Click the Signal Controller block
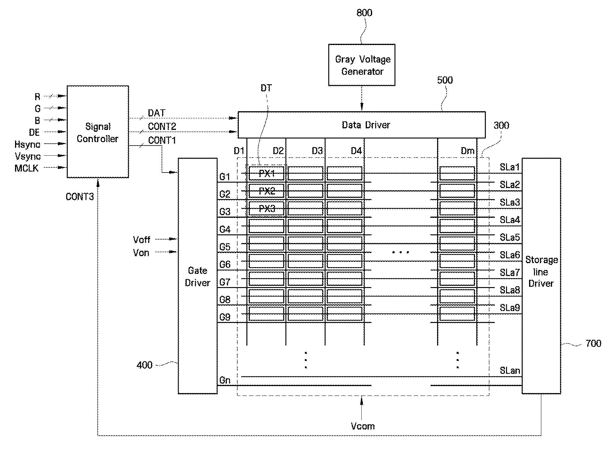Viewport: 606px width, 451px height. [x=98, y=132]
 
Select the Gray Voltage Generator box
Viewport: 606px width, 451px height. [x=362, y=65]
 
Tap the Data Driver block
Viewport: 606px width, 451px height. [x=362, y=125]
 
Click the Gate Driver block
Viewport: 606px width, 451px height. [x=198, y=276]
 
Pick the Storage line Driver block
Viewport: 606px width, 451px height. [x=541, y=276]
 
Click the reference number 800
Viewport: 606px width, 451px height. [x=364, y=13]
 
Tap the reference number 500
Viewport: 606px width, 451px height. [x=445, y=80]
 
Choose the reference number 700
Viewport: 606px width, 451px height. [x=593, y=343]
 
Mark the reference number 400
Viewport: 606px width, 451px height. [x=144, y=365]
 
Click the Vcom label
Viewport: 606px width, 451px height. [x=363, y=426]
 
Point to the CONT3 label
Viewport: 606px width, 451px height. [x=80, y=197]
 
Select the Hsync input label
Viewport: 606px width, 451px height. [x=27, y=144]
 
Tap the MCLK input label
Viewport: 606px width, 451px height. [x=27, y=168]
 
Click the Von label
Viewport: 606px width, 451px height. [x=141, y=253]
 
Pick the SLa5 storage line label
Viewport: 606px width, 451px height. [x=510, y=237]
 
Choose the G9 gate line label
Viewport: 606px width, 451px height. [x=225, y=317]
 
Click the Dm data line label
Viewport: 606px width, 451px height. [x=467, y=151]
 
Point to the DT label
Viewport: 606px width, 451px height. [x=266, y=88]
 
